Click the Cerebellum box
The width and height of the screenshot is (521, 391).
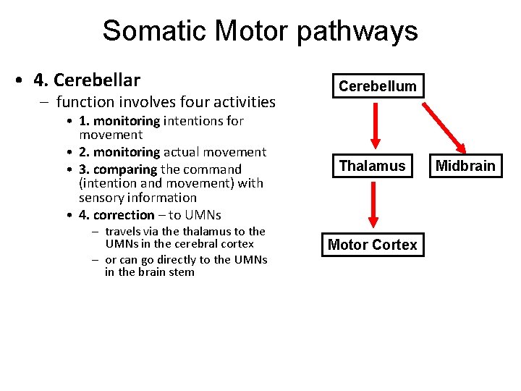pyautogui.click(x=377, y=86)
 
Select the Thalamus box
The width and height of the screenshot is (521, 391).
pyautogui.click(x=373, y=166)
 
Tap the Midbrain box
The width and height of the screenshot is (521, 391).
pyautogui.click(x=465, y=166)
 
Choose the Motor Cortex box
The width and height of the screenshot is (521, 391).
pyautogui.click(x=372, y=245)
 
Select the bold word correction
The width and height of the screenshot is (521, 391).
pyautogui.click(x=124, y=215)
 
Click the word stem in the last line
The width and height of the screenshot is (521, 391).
pyautogui.click(x=182, y=272)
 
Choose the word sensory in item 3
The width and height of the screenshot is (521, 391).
pyautogui.click(x=101, y=197)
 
